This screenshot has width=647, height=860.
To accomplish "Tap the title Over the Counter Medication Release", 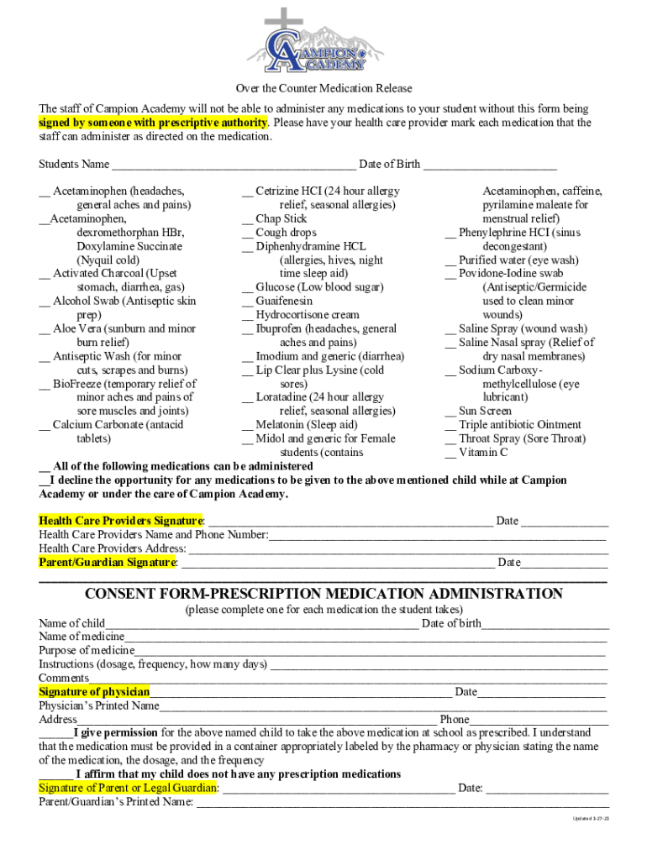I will tap(323, 88).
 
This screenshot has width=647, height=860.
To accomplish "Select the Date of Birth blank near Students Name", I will tap(490, 164).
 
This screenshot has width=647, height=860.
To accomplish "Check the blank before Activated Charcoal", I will tap(44, 274).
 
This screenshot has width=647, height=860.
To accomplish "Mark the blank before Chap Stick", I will tap(247, 219).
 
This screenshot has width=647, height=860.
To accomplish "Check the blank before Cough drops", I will tap(247, 233).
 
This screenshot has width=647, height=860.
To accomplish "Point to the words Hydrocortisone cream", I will tap(307, 315).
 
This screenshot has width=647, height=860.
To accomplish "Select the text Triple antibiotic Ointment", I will tap(519, 425).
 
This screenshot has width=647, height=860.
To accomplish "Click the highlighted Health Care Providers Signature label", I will tap(121, 521).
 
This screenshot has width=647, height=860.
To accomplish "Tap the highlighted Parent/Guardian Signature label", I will tap(108, 562).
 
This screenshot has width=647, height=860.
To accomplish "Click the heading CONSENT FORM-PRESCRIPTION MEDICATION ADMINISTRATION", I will tap(323, 594).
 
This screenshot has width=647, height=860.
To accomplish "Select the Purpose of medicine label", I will tap(87, 651).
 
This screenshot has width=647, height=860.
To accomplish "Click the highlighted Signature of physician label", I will tap(94, 692).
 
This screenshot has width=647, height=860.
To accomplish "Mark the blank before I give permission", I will tap(55, 732).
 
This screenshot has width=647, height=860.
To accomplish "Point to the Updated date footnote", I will tap(591, 818).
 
